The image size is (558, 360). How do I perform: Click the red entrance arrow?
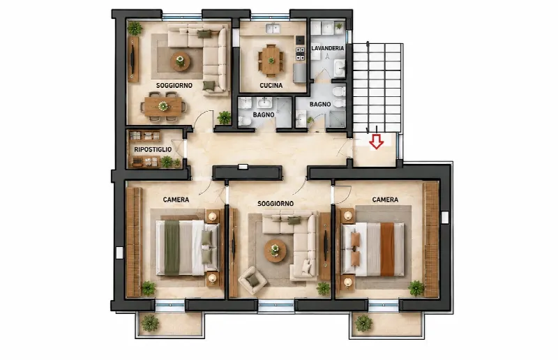click(376, 142)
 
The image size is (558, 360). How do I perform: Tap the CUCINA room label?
click(271, 85)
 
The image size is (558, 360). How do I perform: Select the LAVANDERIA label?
click(328, 48)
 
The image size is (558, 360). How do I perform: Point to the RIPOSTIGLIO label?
click(153, 149)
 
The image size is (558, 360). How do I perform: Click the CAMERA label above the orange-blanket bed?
click(385, 200)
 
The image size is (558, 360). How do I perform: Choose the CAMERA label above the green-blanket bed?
click(176, 200)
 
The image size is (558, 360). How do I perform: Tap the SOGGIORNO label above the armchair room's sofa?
click(276, 204)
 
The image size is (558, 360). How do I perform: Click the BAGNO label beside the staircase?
click(320, 105)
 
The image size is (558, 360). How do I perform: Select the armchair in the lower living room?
click(252, 280)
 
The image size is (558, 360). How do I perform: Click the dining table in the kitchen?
click(271, 61)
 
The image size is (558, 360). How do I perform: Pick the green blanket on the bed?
click(172, 248)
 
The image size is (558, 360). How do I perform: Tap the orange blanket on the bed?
click(387, 249)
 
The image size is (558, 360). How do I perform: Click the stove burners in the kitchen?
click(301, 54)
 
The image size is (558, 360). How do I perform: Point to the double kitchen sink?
click(273, 28)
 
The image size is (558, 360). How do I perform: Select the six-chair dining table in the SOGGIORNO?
click(163, 106)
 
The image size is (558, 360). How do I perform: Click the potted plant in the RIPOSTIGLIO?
click(167, 162)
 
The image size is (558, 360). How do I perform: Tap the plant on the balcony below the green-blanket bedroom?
click(150, 323)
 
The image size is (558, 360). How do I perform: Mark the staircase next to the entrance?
click(377, 88)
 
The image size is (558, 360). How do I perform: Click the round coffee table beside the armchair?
click(275, 250)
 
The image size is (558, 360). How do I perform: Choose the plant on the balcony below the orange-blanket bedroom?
click(363, 323)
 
